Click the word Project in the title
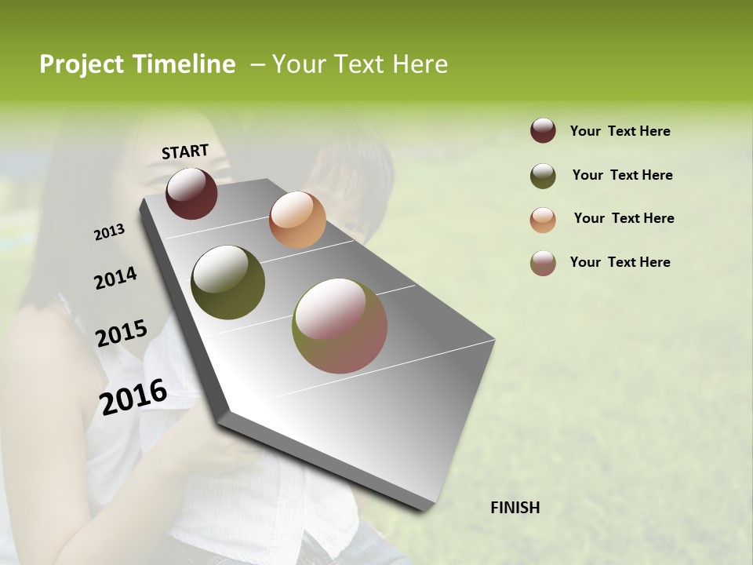tap(81, 65)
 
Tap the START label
tap(185, 151)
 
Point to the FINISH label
tap(515, 508)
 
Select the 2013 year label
tap(110, 232)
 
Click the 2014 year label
tap(115, 278)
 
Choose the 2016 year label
tap(133, 396)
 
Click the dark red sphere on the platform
tap(191, 193)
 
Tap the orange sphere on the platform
tap(297, 220)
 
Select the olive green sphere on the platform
tap(227, 282)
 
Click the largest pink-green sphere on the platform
tap(340, 326)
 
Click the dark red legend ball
tap(543, 131)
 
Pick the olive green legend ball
tap(543, 175)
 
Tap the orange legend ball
tap(543, 219)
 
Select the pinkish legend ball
tap(543, 263)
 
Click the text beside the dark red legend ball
tap(620, 131)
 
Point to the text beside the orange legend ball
tap(624, 218)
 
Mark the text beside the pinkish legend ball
tap(620, 262)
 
